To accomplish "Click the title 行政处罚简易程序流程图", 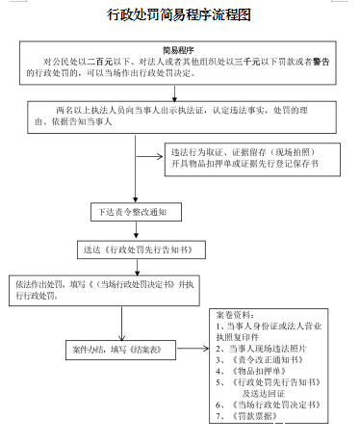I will click(179, 15).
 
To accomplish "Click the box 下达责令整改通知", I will click(131, 210).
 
